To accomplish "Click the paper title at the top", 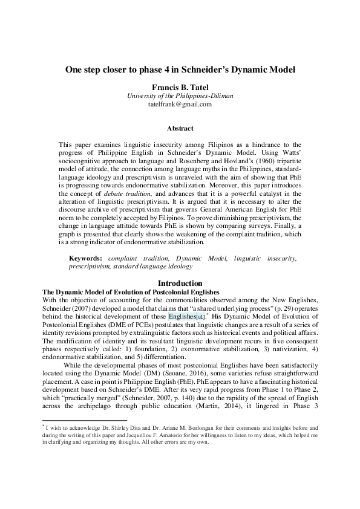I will (x=180, y=70).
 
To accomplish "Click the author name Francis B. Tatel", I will (x=180, y=86).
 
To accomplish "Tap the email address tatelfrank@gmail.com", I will (x=180, y=104).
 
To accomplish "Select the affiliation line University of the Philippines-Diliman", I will (x=180, y=96).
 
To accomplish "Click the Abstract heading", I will (x=180, y=128).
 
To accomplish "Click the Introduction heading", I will (x=180, y=284).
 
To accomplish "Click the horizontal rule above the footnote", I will (x=84, y=420).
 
